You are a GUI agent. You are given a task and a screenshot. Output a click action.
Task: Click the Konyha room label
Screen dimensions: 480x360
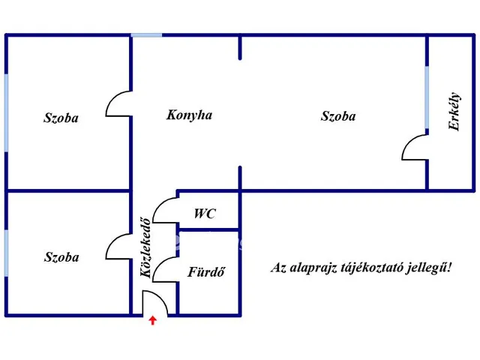click(x=189, y=115)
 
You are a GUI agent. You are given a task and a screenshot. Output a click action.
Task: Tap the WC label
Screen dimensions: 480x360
click(x=205, y=213)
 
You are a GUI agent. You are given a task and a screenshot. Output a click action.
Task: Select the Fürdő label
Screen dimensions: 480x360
click(x=206, y=271)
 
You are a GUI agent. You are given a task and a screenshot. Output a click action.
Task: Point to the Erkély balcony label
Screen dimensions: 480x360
click(x=454, y=111)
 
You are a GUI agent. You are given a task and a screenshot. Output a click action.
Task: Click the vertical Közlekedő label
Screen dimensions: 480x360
click(x=145, y=247)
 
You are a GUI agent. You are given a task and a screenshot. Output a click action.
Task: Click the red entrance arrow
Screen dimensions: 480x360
click(x=153, y=320)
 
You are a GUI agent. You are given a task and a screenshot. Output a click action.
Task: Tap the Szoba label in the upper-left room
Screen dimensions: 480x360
click(x=61, y=118)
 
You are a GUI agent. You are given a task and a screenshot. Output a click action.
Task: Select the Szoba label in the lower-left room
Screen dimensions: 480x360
click(x=61, y=256)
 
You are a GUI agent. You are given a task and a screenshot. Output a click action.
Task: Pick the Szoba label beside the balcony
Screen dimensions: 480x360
click(x=338, y=116)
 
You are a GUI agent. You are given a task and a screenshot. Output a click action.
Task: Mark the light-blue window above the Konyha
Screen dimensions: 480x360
click(x=146, y=35)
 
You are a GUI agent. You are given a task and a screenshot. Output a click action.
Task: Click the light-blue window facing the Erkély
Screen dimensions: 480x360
click(x=427, y=97)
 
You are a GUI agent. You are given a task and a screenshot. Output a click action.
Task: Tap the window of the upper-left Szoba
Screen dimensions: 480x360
click(x=6, y=112)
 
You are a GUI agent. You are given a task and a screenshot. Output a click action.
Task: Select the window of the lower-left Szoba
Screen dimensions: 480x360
click(x=6, y=253)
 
